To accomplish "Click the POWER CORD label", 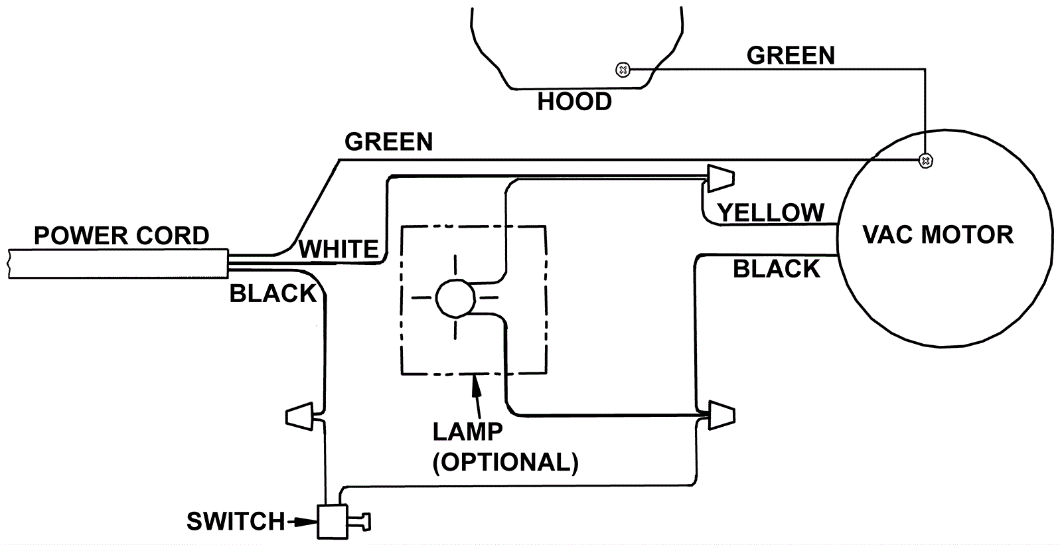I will click(121, 236).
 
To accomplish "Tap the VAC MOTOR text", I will click(938, 234).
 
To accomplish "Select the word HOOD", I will click(574, 102).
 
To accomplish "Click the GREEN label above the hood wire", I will click(791, 56).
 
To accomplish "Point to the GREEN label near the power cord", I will click(389, 142).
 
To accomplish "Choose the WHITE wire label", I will click(339, 250).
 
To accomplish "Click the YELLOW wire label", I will click(771, 212).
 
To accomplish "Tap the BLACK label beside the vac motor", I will click(777, 269).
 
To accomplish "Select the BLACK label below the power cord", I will click(273, 293).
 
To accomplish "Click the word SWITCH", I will click(236, 522).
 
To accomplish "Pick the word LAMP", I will click(468, 431).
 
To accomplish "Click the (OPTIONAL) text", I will click(506, 462).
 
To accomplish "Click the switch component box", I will click(334, 522).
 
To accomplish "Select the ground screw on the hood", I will click(623, 69).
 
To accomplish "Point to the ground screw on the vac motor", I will click(925, 160).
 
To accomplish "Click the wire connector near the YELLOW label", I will click(720, 177).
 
